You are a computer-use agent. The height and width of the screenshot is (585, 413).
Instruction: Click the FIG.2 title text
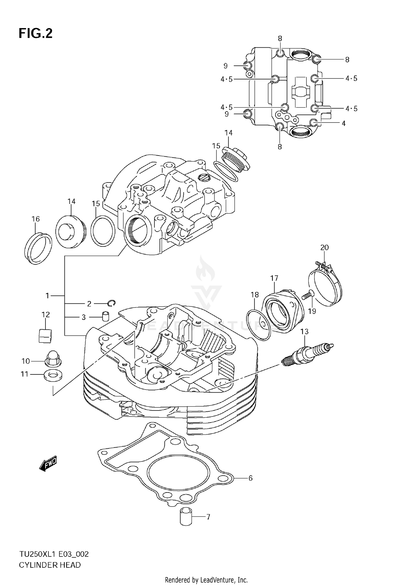pyautogui.click(x=36, y=33)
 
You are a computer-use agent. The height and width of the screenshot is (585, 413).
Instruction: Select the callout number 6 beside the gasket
pyautogui.click(x=250, y=478)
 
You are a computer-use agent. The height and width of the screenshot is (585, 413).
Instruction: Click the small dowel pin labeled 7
pyautogui.click(x=186, y=517)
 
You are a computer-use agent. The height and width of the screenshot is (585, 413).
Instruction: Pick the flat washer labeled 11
pyautogui.click(x=53, y=375)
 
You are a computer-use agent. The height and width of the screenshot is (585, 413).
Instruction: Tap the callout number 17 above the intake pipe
pyautogui.click(x=274, y=278)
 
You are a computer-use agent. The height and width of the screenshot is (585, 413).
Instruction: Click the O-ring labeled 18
pyautogui.click(x=259, y=325)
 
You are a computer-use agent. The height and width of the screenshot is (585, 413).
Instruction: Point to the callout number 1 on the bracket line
pyautogui.click(x=48, y=296)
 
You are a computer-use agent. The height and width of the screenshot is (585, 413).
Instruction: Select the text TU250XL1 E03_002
pyautogui.click(x=54, y=554)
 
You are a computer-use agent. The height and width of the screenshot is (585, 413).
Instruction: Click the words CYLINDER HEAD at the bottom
pyautogui.click(x=50, y=565)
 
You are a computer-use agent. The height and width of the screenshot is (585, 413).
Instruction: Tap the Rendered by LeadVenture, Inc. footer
pyautogui.click(x=206, y=580)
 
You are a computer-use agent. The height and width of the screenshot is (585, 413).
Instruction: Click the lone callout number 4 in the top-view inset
pyautogui.click(x=343, y=123)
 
